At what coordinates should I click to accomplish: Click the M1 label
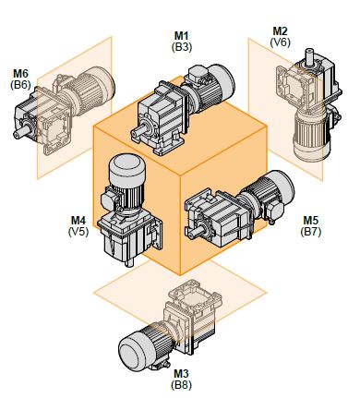click(x=182, y=36)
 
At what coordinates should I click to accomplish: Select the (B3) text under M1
click(x=182, y=47)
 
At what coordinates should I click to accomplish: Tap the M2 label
click(x=280, y=31)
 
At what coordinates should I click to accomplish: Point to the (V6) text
click(x=280, y=42)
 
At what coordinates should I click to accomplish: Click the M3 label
click(x=181, y=374)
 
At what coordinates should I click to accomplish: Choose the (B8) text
click(x=181, y=385)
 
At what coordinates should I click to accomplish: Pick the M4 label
click(x=78, y=221)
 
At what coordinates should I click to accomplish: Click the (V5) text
click(x=78, y=232)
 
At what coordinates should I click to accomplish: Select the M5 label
click(x=311, y=221)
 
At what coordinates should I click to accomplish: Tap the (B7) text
click(x=311, y=232)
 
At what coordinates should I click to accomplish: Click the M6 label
click(x=20, y=74)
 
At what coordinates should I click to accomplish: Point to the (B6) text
click(x=20, y=85)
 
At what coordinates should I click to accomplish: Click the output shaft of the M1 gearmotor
click(x=138, y=133)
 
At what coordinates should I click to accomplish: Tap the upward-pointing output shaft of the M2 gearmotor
click(x=309, y=56)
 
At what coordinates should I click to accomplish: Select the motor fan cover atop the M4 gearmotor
click(x=126, y=169)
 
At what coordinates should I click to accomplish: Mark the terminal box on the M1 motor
click(x=198, y=74)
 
